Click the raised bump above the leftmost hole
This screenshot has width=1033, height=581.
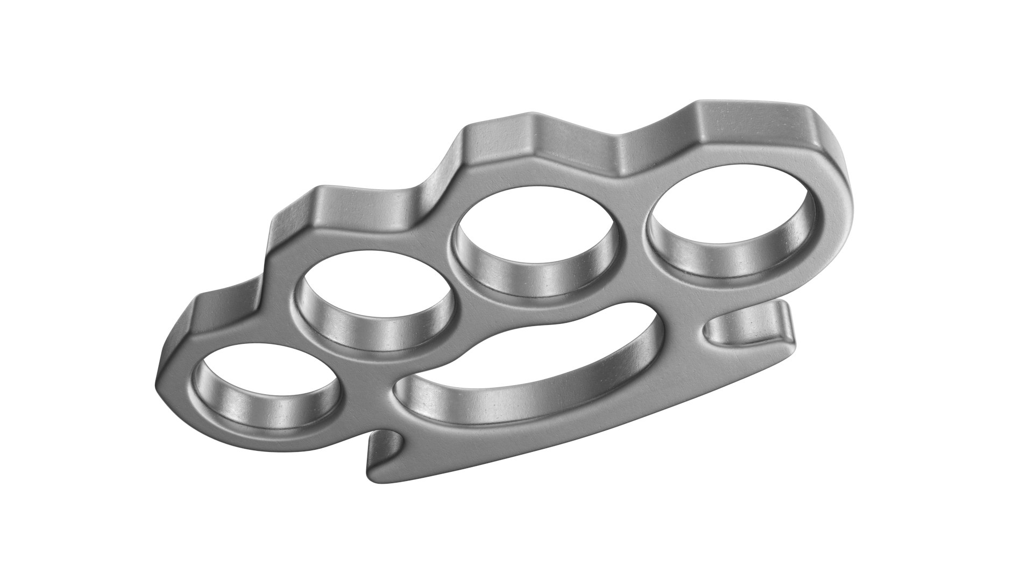click(213, 309)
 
